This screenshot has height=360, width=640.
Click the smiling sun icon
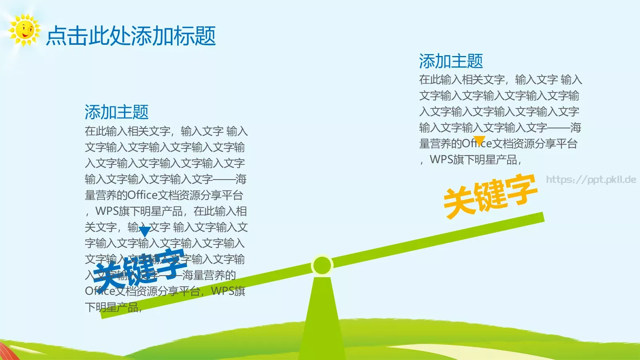24,30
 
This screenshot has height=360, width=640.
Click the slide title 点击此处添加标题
131,36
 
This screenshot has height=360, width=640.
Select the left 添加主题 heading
116,112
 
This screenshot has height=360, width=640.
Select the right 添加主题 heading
451,61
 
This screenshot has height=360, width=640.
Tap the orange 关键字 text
490,196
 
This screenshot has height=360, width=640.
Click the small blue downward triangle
144,231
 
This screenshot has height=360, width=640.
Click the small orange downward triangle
479,140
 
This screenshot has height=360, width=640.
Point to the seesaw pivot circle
322,265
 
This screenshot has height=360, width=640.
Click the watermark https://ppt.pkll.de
591,180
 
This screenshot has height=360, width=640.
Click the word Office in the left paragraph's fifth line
142,195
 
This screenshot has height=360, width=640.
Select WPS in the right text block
442,160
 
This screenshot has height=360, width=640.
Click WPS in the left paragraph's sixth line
107,211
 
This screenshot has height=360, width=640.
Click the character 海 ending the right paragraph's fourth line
576,128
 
